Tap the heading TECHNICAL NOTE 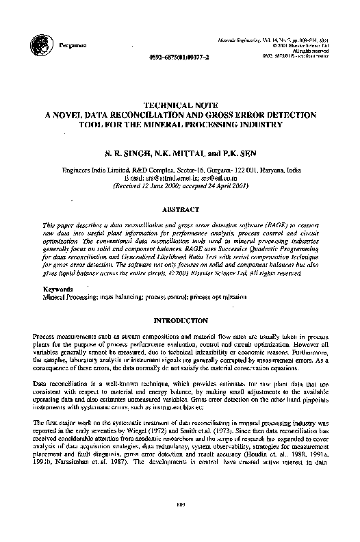(179, 105)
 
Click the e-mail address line (180, 177)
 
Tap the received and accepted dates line (179, 184)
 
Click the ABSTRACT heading (180, 209)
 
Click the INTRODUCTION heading (180, 320)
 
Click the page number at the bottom (180, 524)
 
